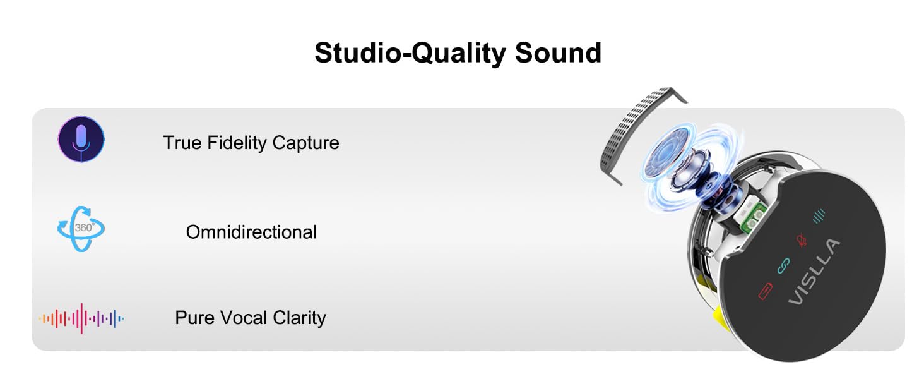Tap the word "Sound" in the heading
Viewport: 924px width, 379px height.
click(558, 53)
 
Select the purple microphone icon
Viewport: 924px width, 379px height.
click(81, 139)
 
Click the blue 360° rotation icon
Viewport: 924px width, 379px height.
click(80, 229)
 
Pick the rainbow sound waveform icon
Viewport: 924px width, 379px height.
click(81, 318)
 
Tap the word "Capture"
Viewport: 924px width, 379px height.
click(305, 143)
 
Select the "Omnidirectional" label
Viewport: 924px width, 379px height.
click(251, 232)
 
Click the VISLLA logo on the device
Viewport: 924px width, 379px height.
click(814, 272)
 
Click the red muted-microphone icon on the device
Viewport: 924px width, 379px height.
click(802, 241)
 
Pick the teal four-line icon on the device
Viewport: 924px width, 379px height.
click(819, 217)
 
